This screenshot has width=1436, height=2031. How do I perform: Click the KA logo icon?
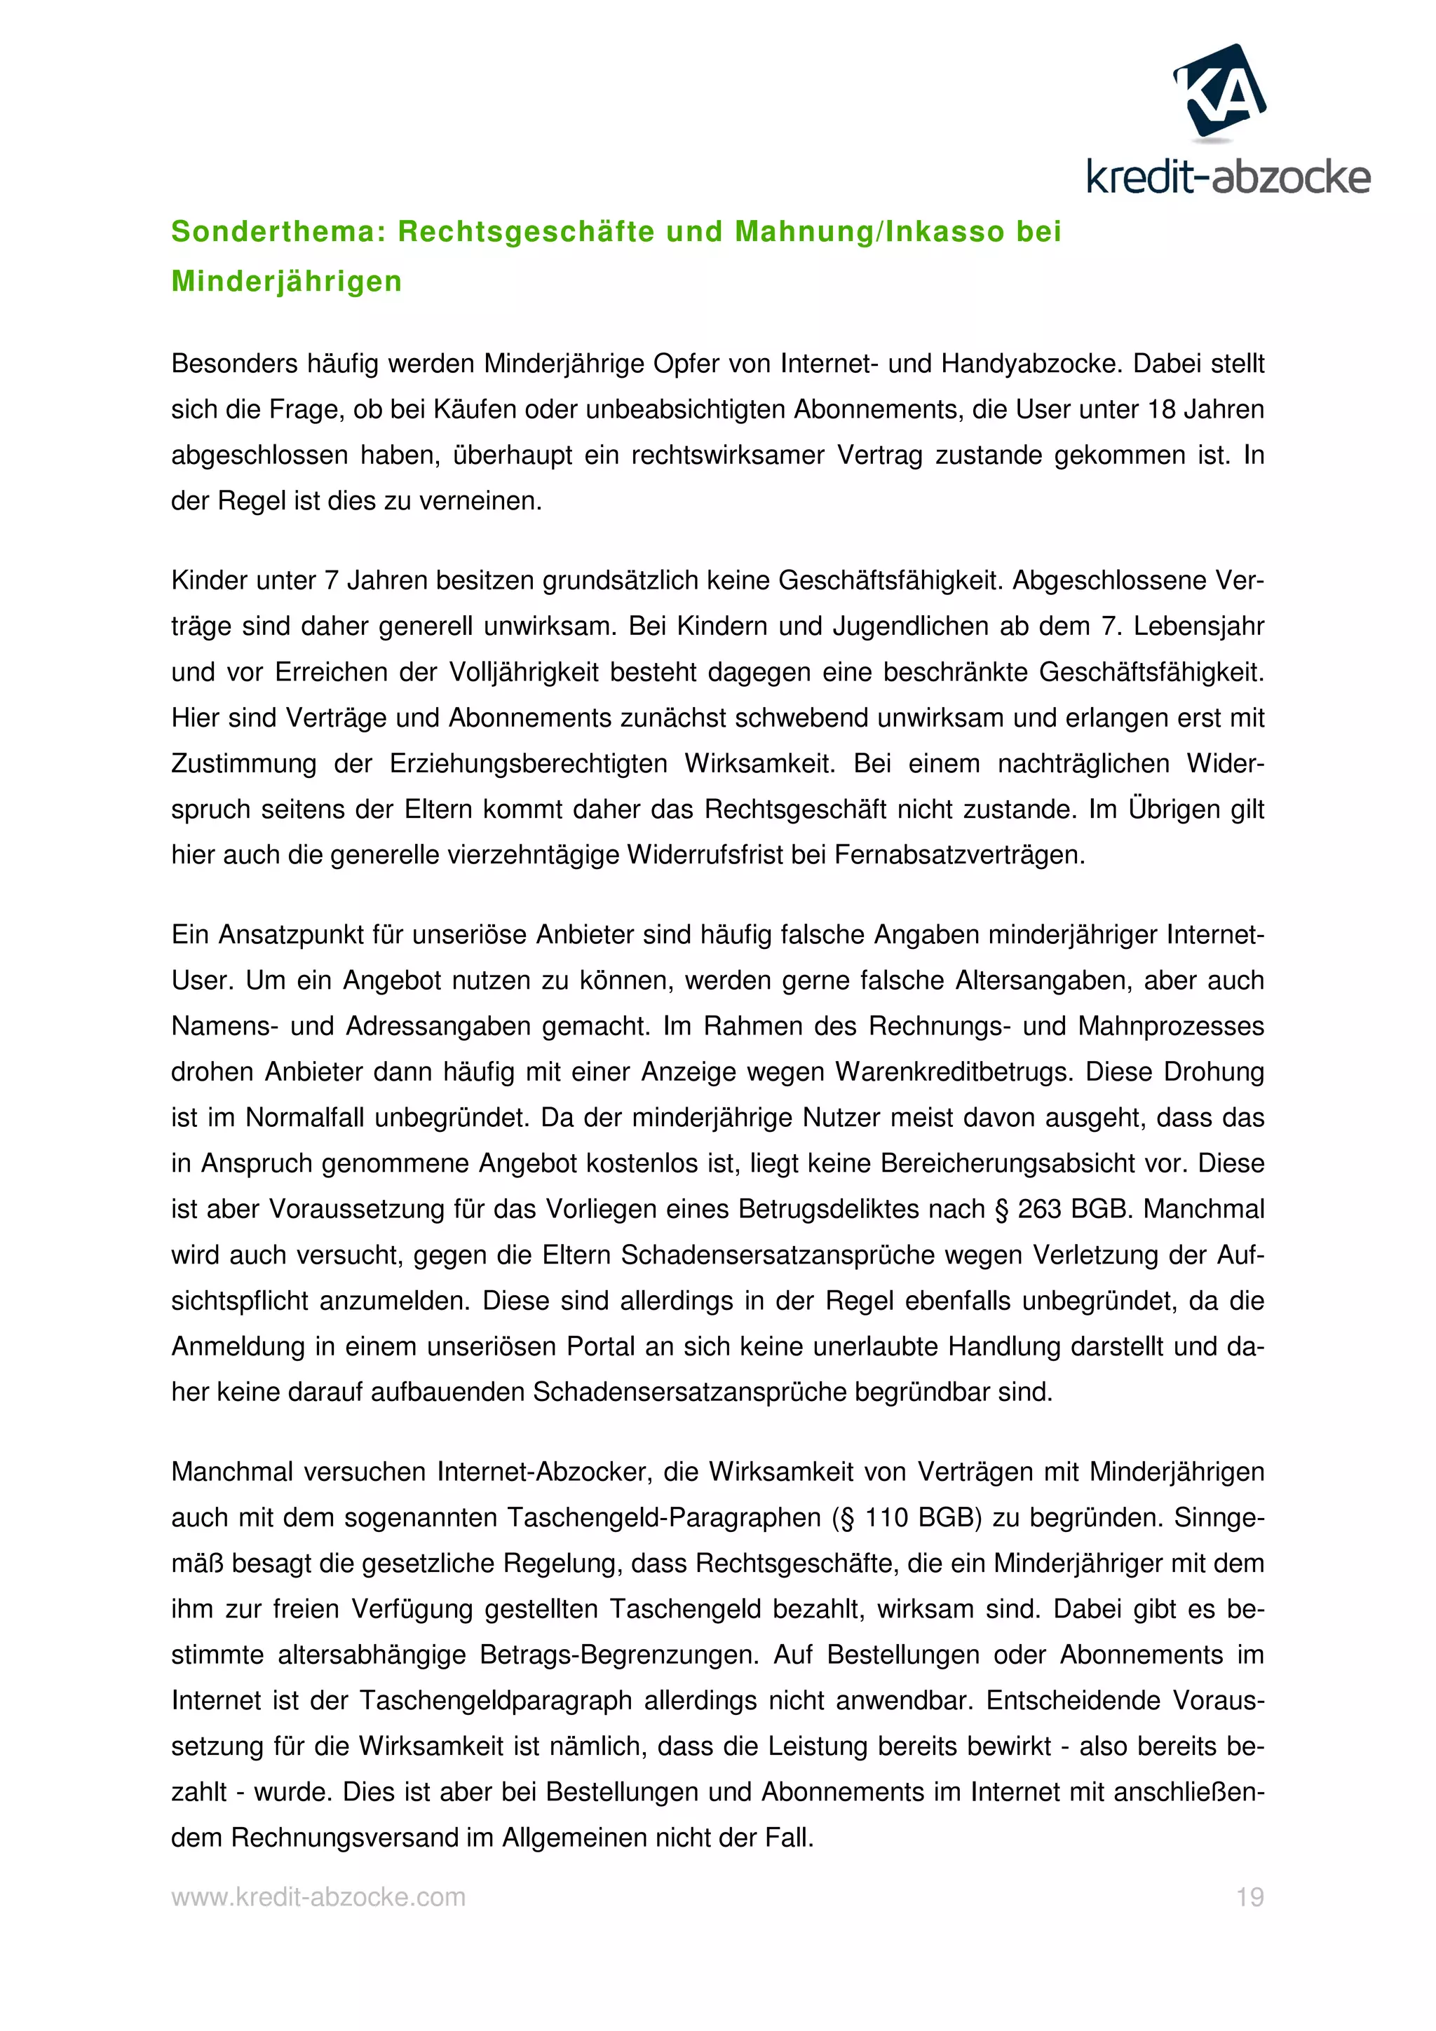[1219, 91]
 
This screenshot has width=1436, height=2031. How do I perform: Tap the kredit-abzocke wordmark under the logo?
[1228, 178]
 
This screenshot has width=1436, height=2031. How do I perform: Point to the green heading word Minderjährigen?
[287, 281]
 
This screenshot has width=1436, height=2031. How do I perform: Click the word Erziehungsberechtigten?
[528, 763]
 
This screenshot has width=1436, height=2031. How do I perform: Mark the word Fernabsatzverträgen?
[959, 856]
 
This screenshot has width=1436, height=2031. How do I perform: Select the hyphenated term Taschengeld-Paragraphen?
[665, 1518]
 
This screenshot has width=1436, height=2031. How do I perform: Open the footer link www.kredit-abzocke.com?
[318, 1897]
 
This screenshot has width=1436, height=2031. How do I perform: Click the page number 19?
[1249, 1897]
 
